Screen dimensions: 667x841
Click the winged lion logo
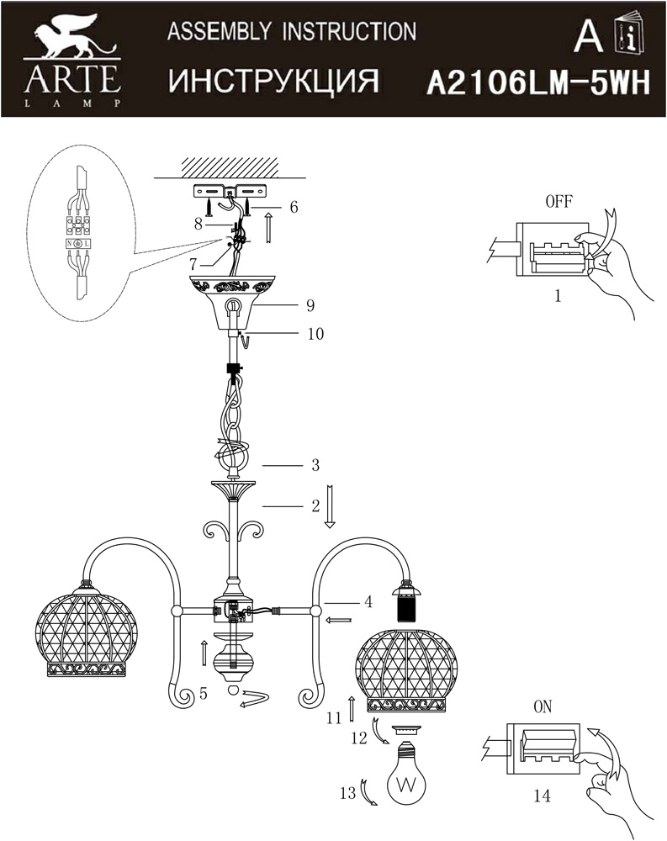(70, 38)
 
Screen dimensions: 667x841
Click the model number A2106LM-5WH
(538, 83)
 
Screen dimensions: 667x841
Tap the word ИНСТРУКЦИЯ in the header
(273, 81)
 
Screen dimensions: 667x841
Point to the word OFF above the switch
(558, 202)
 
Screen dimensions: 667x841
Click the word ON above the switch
(543, 707)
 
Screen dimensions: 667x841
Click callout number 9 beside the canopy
(310, 305)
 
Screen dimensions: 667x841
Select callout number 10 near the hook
(315, 334)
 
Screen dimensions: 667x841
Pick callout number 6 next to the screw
(294, 207)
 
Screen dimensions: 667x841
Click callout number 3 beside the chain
(315, 465)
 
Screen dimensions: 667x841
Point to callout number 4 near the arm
(368, 602)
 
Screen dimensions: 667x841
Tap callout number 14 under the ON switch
(542, 796)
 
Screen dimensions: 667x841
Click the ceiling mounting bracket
(230, 192)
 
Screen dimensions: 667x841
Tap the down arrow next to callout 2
(330, 505)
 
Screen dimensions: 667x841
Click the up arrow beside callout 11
(351, 709)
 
